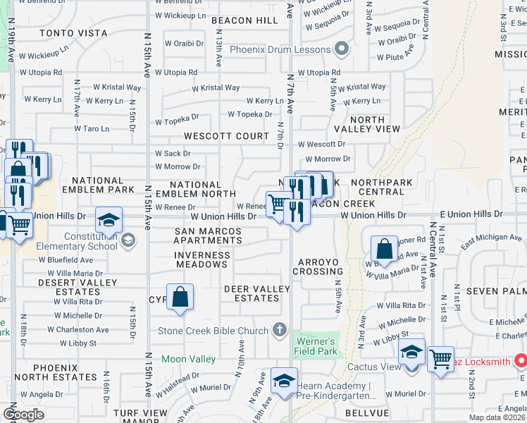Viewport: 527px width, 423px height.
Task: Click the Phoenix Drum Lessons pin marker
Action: click(x=342, y=49)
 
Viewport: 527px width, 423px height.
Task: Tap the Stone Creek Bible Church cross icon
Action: click(x=280, y=330)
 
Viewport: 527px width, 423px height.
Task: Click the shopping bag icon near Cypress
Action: click(x=180, y=298)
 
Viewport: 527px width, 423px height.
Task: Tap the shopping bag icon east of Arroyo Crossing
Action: click(x=384, y=249)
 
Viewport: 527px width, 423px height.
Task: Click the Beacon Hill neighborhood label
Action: click(x=244, y=21)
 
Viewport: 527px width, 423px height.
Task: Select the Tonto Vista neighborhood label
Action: click(x=73, y=33)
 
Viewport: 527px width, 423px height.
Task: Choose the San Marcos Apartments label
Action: click(x=208, y=236)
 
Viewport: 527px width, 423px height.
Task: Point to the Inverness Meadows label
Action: click(x=201, y=259)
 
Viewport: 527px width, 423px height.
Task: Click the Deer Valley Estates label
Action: click(x=256, y=293)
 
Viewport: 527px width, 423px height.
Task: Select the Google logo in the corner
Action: click(x=23, y=415)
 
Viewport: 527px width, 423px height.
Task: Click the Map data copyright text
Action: click(x=496, y=417)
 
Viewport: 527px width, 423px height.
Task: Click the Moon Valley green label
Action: click(x=188, y=359)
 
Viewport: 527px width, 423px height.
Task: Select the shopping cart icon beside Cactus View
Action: click(x=440, y=360)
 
